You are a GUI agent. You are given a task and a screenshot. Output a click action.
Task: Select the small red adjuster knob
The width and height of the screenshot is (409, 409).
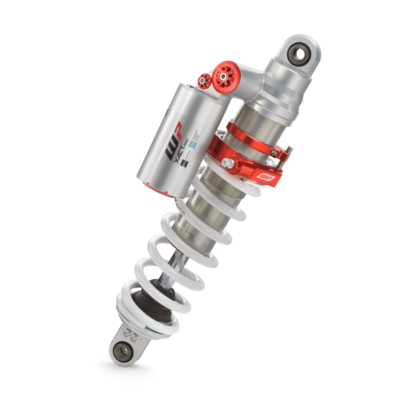(x=204, y=81)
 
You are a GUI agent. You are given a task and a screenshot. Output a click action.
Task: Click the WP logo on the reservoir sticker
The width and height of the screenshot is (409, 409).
(x=174, y=140)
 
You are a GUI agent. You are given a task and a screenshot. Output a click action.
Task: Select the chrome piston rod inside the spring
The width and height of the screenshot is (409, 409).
(x=180, y=263)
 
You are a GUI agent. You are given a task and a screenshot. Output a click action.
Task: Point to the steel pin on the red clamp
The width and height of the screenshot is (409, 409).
(x=289, y=150)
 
